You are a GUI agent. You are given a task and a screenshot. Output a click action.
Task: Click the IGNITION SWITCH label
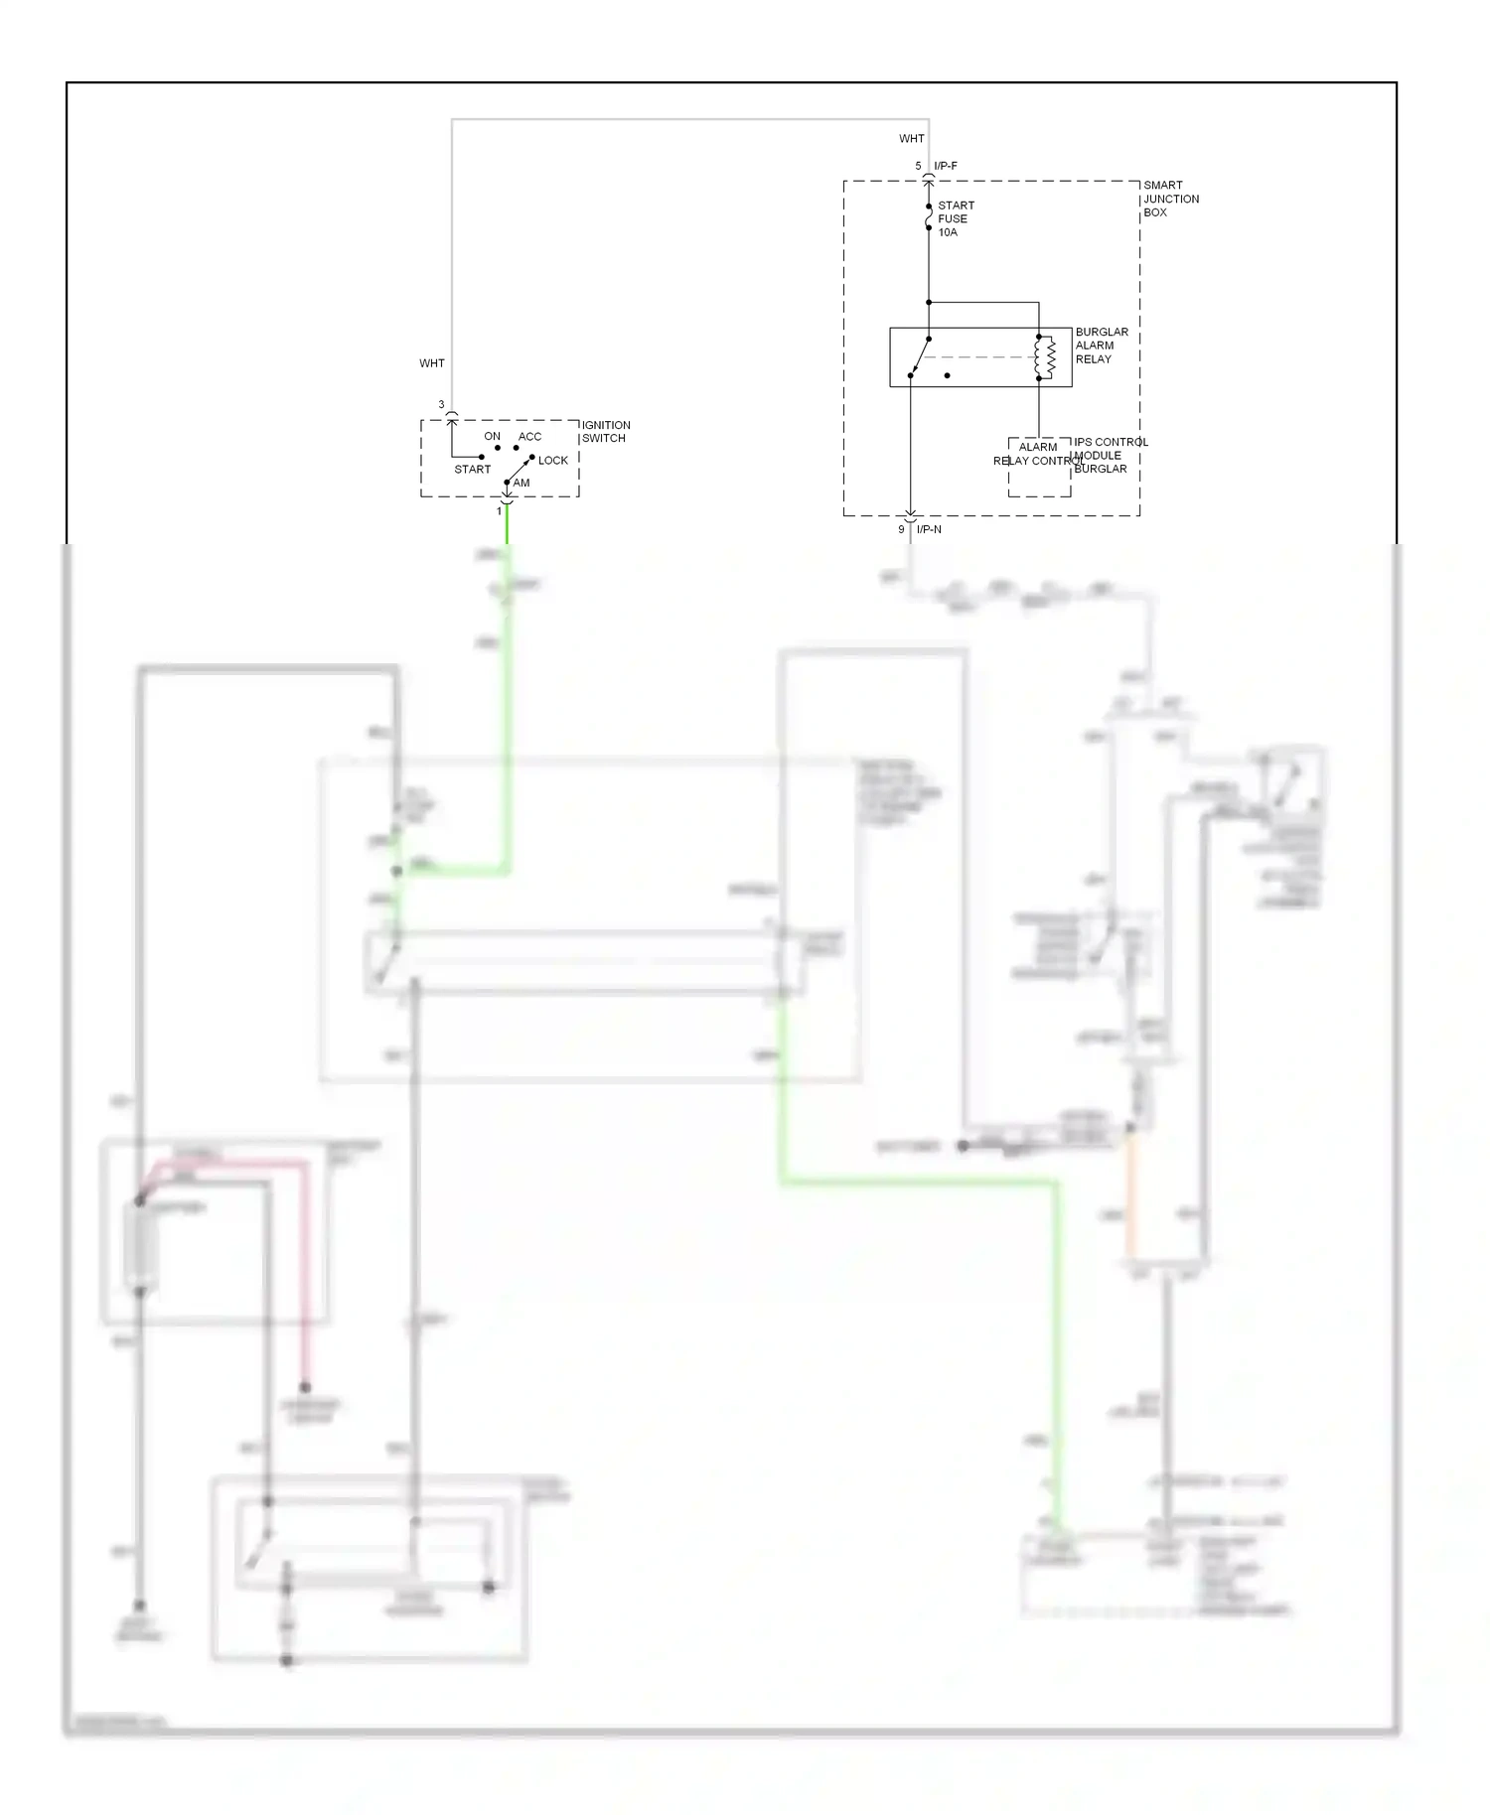tap(605, 431)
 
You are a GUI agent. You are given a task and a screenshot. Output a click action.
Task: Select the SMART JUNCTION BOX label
tap(1170, 199)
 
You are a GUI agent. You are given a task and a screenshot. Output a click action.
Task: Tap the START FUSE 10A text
tap(955, 218)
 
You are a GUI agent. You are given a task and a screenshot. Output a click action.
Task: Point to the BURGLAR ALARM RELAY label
tap(1101, 346)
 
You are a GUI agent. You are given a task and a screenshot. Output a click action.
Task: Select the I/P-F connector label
tap(946, 166)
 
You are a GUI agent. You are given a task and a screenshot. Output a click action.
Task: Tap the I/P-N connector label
tap(929, 529)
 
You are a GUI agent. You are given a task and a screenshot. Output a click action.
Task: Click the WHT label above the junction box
tap(911, 139)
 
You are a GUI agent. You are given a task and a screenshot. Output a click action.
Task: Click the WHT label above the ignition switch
tap(431, 363)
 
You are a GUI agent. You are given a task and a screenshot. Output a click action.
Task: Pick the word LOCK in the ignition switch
tap(552, 461)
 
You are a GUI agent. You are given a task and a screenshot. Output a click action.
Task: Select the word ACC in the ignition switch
tap(529, 437)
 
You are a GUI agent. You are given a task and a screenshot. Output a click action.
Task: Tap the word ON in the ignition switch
tap(492, 437)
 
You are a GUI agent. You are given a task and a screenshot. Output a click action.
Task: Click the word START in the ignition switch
tap(472, 470)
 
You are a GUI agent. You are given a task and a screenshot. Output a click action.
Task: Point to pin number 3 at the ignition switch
tap(441, 405)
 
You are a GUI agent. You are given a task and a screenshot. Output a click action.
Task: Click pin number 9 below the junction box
tap(901, 529)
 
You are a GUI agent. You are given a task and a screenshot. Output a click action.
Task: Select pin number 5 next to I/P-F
tap(918, 166)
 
